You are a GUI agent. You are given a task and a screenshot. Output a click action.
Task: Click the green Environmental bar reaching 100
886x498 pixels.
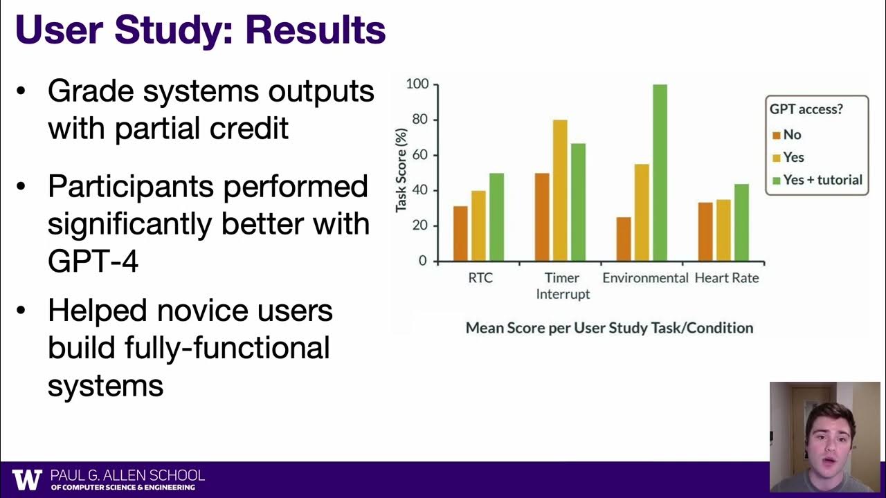(660, 173)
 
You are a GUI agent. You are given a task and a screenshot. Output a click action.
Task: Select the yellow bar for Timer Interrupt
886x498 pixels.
(560, 191)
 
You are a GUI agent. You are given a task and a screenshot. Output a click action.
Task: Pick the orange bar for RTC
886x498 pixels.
(460, 234)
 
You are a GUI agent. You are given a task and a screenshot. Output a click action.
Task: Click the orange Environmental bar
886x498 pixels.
(624, 239)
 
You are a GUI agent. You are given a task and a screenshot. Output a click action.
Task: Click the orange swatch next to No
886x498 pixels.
(776, 136)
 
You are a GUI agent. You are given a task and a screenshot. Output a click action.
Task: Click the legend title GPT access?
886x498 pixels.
(809, 109)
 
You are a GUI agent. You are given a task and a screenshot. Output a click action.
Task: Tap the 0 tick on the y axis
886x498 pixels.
(423, 261)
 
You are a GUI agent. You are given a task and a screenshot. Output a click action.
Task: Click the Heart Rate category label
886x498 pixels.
(726, 278)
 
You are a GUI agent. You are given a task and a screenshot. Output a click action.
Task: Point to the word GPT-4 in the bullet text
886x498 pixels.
(93, 261)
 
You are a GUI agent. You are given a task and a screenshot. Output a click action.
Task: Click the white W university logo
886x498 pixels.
(27, 479)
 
